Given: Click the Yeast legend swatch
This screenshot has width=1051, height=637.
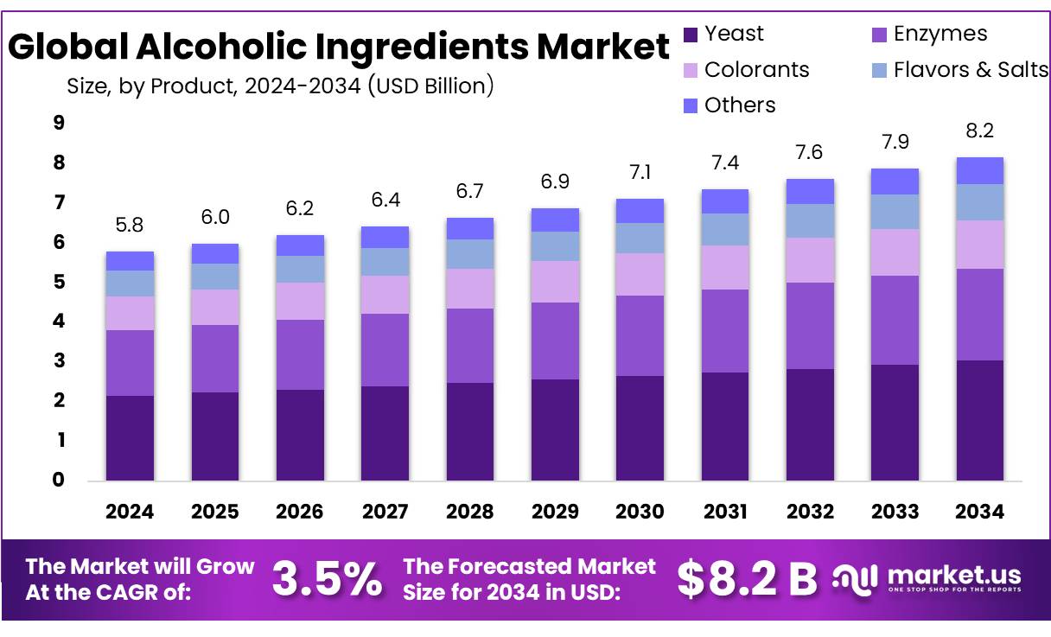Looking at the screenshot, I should tap(691, 35).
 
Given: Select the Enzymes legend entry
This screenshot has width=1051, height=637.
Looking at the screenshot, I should tap(940, 34).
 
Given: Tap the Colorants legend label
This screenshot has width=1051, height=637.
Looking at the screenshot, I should tap(756, 70).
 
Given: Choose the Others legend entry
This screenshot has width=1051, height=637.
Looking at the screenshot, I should tap(740, 105).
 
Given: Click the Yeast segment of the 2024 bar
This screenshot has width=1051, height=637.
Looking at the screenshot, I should tap(130, 437).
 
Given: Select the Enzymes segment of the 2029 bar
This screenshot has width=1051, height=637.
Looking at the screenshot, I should tap(555, 341).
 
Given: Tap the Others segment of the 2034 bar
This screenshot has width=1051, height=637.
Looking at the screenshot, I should tap(979, 171).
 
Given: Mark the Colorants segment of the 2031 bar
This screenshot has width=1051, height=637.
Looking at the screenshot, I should tap(725, 267).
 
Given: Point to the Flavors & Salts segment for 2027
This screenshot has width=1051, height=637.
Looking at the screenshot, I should tap(385, 262).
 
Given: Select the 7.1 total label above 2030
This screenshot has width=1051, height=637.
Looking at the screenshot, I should tap(640, 172).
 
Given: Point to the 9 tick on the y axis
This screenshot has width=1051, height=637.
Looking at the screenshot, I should tap(59, 123).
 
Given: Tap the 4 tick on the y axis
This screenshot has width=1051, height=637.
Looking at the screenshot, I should tap(59, 322).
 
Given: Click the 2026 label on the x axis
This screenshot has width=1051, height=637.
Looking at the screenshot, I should tap(300, 512).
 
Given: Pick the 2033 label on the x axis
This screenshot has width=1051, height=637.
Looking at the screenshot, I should tap(895, 512).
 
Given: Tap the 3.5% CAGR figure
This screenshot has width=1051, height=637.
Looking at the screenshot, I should tap(327, 579).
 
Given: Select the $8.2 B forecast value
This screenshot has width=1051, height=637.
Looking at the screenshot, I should tap(747, 579).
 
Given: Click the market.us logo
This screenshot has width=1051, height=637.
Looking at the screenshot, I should tap(927, 578).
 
